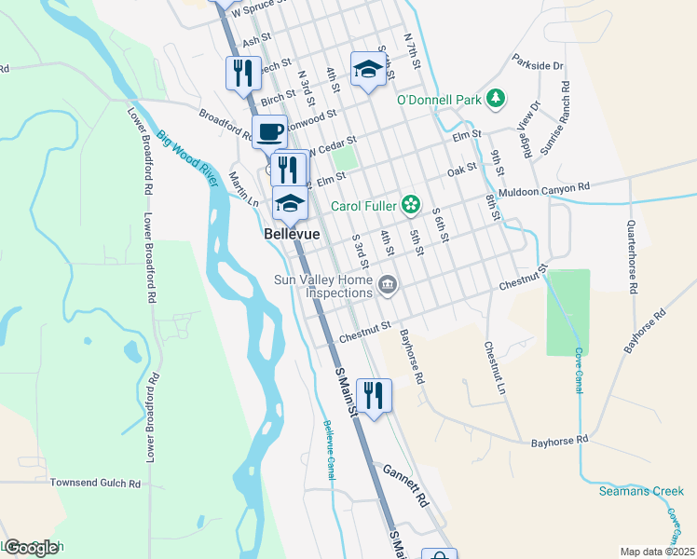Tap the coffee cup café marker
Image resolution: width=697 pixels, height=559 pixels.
(269, 131)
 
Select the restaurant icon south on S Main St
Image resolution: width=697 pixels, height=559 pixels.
(374, 395)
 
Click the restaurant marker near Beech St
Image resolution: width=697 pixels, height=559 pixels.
(243, 72)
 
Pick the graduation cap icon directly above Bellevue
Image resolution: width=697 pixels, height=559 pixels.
(290, 203)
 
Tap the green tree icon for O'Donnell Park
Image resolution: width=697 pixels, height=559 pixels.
(497, 98)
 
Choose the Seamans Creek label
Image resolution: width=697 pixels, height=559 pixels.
(641, 491)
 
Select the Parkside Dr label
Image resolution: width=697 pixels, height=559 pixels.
(538, 66)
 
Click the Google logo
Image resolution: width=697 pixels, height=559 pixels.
(31, 547)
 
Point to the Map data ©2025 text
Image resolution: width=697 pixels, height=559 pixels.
(656, 552)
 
